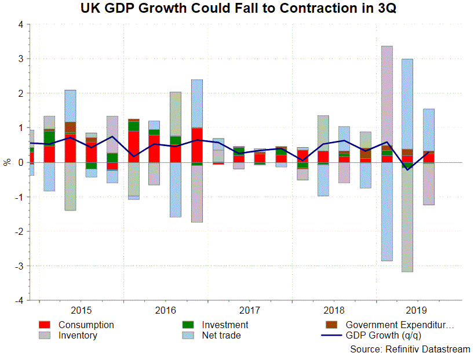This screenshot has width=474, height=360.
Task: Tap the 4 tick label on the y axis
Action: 21,25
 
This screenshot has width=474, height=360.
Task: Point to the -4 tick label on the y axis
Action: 19,300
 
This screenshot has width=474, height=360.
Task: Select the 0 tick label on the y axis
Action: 21,162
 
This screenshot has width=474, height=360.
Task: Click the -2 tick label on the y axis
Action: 19,231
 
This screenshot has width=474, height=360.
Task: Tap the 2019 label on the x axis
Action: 417,310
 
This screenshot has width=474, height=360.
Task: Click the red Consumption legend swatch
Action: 46,325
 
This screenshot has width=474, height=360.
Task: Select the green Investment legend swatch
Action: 189,325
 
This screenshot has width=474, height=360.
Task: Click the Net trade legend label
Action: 221,335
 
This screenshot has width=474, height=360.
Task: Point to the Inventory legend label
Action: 78,335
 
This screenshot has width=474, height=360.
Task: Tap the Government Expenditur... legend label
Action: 400,325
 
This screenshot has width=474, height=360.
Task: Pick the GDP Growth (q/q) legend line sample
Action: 331,335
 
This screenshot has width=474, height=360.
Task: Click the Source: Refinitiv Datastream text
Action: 410,349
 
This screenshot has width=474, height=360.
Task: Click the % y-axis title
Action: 7,162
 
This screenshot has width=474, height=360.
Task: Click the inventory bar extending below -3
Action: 407,220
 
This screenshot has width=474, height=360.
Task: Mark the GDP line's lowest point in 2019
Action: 407,169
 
